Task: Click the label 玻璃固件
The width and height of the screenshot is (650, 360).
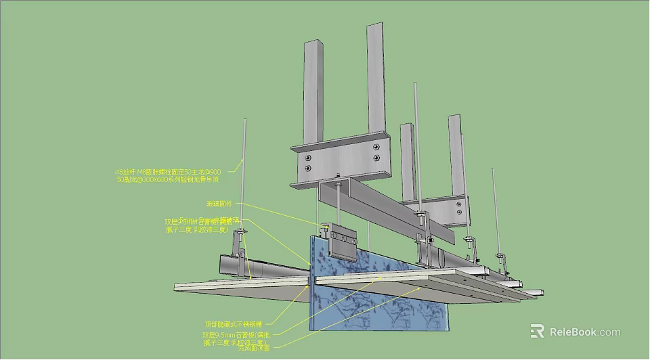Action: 219,203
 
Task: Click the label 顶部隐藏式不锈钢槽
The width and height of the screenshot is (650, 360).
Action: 233,323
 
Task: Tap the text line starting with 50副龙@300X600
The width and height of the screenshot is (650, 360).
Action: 168,180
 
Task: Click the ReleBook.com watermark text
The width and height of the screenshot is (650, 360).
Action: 584,332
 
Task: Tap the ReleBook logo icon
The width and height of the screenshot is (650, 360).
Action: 537,331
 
